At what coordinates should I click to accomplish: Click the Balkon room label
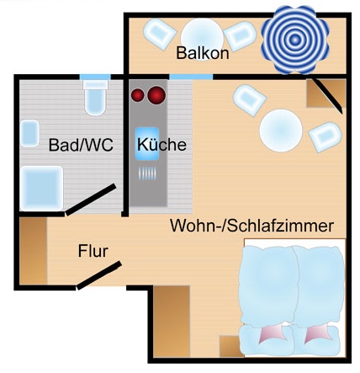click(203, 52)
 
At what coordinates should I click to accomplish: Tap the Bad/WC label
click(81, 145)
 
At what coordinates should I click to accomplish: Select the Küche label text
click(161, 144)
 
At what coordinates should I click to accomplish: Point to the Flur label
click(93, 251)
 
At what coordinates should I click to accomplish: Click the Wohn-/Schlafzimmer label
click(252, 226)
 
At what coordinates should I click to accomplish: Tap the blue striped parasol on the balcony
click(294, 40)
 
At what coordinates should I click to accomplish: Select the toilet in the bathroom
click(96, 98)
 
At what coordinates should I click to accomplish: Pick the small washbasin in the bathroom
click(29, 133)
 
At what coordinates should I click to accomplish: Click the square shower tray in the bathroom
click(41, 188)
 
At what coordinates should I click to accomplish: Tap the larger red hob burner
click(156, 95)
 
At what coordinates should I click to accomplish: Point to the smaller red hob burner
click(138, 95)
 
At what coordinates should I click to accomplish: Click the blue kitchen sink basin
click(147, 144)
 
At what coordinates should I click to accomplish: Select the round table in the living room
click(281, 131)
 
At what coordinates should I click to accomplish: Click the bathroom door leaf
click(91, 200)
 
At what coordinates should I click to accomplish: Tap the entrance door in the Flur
click(99, 275)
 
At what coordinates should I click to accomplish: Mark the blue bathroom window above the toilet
click(95, 77)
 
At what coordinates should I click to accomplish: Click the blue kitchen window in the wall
click(191, 77)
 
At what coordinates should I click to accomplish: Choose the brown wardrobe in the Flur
click(33, 251)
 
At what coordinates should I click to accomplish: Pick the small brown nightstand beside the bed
click(230, 346)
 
